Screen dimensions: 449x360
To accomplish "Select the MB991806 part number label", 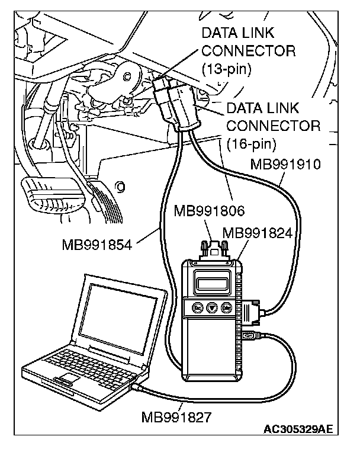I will (x=207, y=210).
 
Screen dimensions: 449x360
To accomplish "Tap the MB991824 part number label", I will (x=258, y=233).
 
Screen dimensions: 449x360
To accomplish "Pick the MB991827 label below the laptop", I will (x=176, y=416).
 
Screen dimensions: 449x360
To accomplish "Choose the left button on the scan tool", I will (x=196, y=307).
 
